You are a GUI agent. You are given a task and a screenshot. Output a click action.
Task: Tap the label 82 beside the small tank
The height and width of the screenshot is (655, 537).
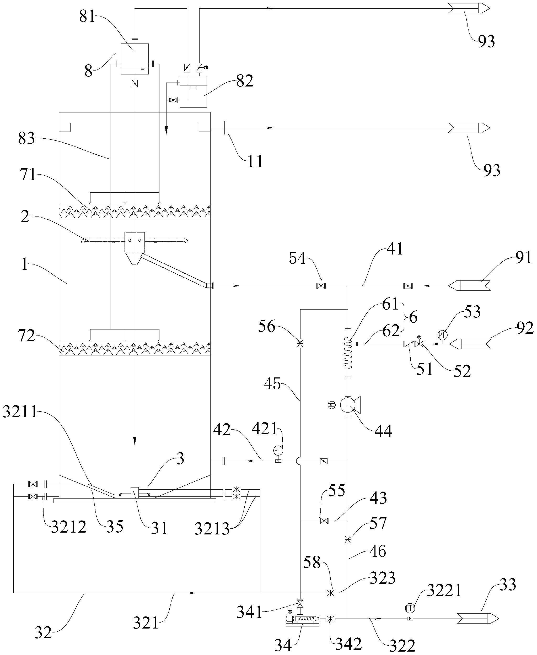[x=245, y=81]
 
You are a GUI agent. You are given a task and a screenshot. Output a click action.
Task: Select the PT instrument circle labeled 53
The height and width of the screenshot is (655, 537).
[x=443, y=335]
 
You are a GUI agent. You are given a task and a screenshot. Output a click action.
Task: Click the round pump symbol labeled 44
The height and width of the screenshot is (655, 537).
[x=348, y=404]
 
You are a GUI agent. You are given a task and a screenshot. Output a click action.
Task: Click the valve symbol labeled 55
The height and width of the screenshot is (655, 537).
[x=324, y=521]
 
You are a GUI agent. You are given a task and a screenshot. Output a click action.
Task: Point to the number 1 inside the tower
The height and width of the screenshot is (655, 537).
[x=25, y=265]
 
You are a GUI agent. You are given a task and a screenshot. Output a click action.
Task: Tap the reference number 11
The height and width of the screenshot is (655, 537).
[x=255, y=161]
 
